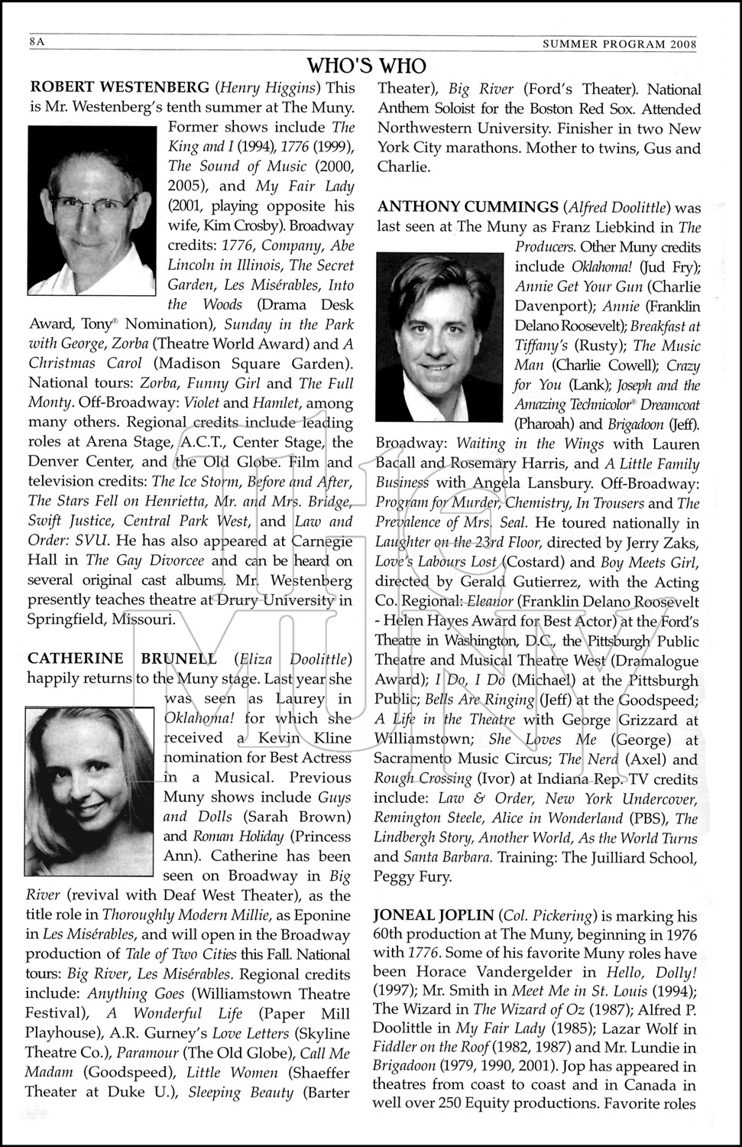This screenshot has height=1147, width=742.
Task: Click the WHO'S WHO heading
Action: pos(366,64)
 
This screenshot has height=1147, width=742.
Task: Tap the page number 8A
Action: pos(36,43)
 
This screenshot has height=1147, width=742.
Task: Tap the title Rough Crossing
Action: pos(423,778)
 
